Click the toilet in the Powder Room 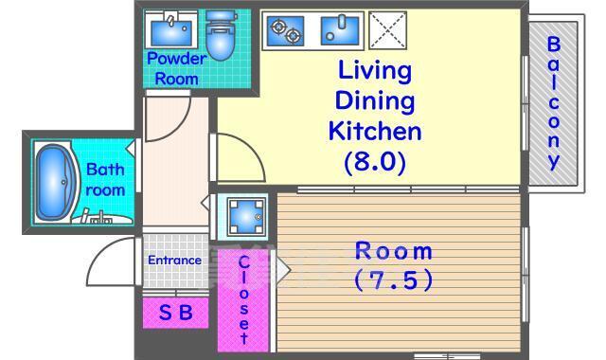(221, 35)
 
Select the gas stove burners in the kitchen (286, 31)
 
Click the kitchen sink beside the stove (340, 30)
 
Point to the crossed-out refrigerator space (387, 30)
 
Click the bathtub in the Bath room (55, 183)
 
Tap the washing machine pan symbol (246, 217)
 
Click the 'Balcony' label (554, 103)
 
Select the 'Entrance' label (174, 261)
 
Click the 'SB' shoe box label (176, 313)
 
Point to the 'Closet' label (243, 299)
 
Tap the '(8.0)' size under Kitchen (375, 162)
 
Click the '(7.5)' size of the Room (394, 280)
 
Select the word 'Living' (375, 71)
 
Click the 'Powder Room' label (177, 69)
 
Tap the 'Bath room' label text (105, 180)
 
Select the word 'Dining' (375, 100)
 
